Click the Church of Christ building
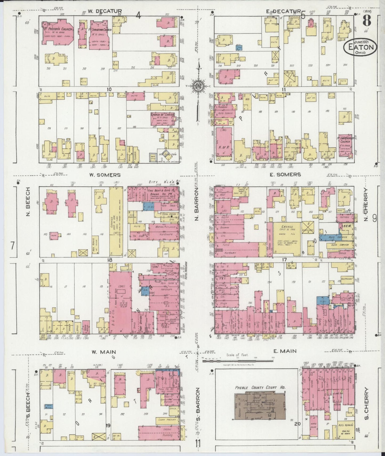[x=161, y=118]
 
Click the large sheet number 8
[x=367, y=21]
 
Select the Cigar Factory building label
[x=166, y=420]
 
